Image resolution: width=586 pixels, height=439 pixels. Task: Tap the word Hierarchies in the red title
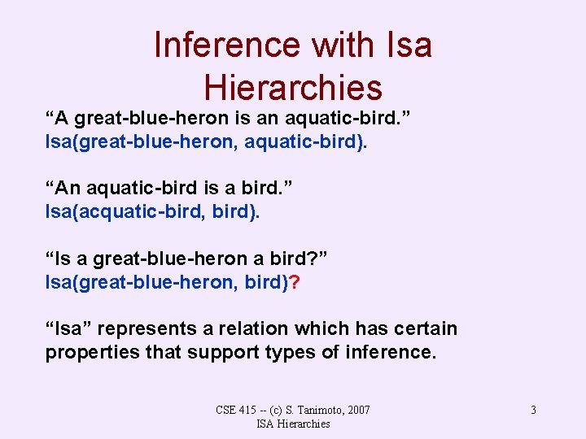(293, 87)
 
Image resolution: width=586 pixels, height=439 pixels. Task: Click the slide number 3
(533, 410)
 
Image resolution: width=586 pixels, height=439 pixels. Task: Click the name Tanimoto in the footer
(310, 410)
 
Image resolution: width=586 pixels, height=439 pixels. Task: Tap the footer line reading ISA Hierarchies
(293, 424)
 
